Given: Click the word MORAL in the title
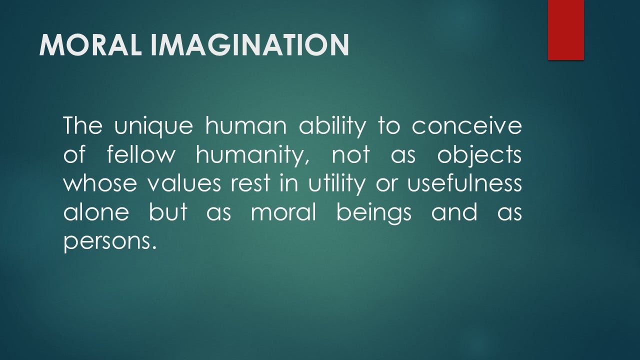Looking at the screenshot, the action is [90, 45].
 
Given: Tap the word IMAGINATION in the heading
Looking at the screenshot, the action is [249, 45].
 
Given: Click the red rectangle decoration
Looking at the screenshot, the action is [565, 30].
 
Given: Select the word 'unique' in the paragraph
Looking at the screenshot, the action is [153, 126].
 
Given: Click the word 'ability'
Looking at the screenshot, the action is [332, 126].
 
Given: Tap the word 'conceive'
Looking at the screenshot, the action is [466, 126].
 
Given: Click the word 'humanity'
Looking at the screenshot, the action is [252, 155].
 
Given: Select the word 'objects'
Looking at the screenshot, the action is [479, 155].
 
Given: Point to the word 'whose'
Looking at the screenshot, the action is [100, 184].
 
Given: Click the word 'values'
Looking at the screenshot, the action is [184, 183].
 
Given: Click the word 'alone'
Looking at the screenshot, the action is [96, 211].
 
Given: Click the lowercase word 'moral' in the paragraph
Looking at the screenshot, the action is [283, 211].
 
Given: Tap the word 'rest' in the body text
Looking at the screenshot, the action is [250, 183].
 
